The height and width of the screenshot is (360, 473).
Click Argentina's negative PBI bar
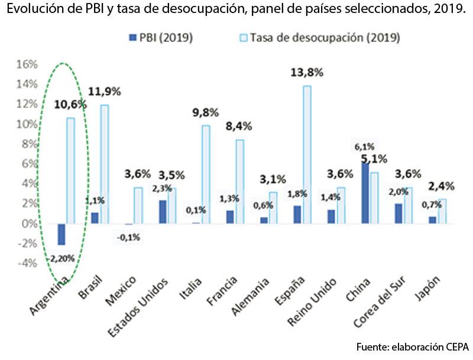(x=61, y=234)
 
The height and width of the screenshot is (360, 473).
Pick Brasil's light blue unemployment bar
(x=104, y=164)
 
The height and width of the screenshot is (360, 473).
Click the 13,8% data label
(x=306, y=73)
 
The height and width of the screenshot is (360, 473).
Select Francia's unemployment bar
(x=239, y=181)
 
